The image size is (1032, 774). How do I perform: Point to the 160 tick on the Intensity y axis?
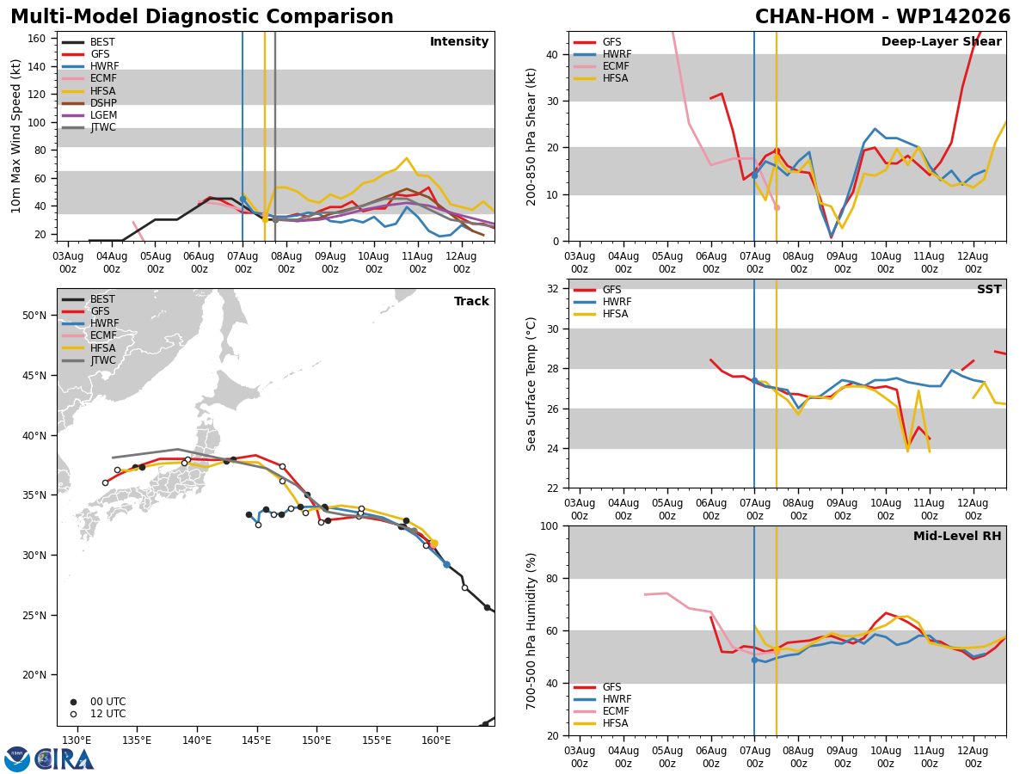pyautogui.click(x=36, y=39)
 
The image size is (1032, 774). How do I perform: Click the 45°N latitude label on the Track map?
pyautogui.click(x=34, y=376)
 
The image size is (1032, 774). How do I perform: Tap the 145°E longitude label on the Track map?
pyautogui.click(x=256, y=741)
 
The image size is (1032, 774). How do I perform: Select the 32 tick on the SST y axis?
pyautogui.click(x=553, y=289)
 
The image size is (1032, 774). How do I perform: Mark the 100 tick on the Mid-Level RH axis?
pyautogui.click(x=550, y=526)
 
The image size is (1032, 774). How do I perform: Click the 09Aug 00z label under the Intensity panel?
pyautogui.click(x=330, y=262)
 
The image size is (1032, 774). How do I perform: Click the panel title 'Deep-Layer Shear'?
pyautogui.click(x=941, y=42)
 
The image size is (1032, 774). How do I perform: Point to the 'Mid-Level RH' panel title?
pyautogui.click(x=957, y=536)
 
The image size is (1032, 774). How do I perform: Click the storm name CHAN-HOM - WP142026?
pyautogui.click(x=882, y=17)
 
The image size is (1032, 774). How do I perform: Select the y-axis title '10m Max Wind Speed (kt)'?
pyautogui.click(x=15, y=136)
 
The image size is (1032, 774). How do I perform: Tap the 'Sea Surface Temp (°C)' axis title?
pyautogui.click(x=531, y=384)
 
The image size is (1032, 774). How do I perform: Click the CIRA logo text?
pyautogui.click(x=64, y=759)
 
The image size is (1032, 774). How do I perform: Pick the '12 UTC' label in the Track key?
pyautogui.click(x=108, y=714)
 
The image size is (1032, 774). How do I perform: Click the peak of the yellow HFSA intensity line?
pyautogui.click(x=407, y=158)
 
